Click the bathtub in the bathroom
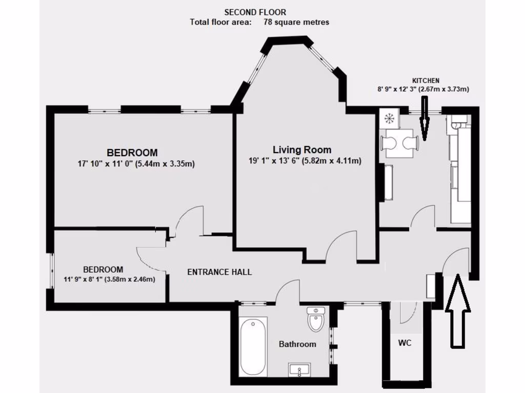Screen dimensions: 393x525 (253, 346)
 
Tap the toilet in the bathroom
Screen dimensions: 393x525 (315, 320)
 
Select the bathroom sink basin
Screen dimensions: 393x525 (299, 369)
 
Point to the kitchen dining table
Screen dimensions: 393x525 (399, 143)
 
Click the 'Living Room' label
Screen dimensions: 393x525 (301, 150)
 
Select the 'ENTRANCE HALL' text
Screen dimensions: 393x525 (219, 272)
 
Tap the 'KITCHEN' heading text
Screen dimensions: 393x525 (426, 81)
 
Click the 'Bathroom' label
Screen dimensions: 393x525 (297, 344)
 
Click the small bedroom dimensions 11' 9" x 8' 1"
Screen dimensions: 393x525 (109, 279)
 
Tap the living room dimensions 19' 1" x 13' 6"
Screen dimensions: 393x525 (305, 161)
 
